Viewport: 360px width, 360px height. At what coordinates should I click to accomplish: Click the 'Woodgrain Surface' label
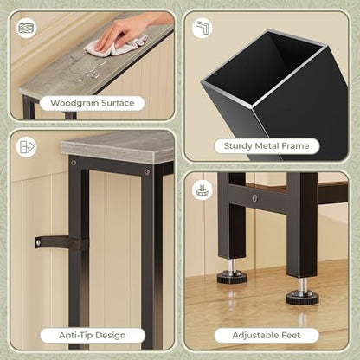pos(93,103)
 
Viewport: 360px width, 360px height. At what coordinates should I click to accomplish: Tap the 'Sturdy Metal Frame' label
pos(267,145)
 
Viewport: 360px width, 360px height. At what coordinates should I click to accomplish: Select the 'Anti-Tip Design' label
pos(93,335)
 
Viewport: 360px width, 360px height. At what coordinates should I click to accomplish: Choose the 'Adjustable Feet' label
pos(267,335)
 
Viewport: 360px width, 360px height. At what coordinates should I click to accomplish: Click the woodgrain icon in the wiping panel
pos(26,29)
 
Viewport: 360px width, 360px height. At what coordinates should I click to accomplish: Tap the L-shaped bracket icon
pos(202,28)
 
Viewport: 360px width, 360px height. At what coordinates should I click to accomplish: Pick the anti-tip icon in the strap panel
pos(26,147)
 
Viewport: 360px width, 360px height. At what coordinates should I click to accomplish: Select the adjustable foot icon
pos(202,190)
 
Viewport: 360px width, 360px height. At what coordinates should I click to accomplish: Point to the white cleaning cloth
pos(115,47)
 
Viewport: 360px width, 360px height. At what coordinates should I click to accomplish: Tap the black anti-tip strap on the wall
pos(61,243)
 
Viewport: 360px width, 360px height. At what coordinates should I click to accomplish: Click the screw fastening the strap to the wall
pos(39,242)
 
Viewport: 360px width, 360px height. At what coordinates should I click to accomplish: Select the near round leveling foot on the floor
pos(302,298)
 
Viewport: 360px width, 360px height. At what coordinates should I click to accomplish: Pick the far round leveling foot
pos(232,278)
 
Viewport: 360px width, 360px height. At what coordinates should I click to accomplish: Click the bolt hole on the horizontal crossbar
pos(254,198)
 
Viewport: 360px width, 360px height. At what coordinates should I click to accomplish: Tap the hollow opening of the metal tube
pos(261,67)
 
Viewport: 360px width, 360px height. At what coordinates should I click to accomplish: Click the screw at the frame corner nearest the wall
pos(74,163)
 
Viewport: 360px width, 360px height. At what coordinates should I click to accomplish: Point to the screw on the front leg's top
pos(147,172)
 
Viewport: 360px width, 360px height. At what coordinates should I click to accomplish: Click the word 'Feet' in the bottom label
pos(290,335)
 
